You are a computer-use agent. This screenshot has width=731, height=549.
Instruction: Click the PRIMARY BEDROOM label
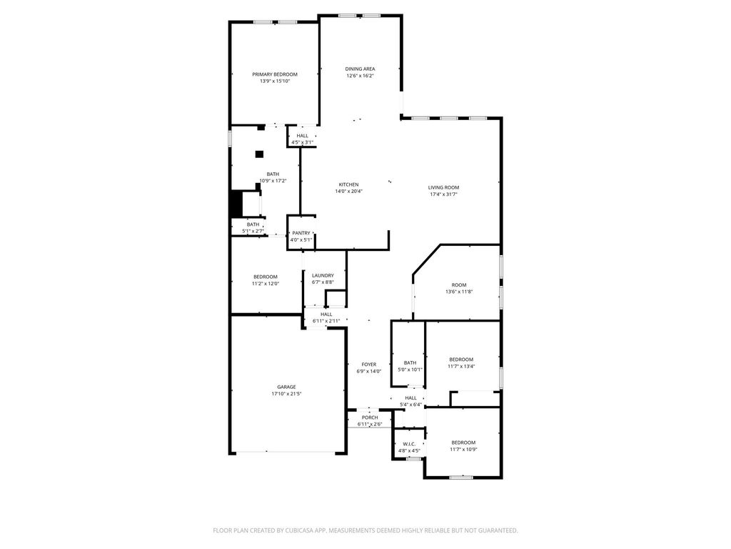(274, 74)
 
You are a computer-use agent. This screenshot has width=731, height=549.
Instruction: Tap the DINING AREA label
(360, 69)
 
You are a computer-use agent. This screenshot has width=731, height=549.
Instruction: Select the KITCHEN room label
(348, 184)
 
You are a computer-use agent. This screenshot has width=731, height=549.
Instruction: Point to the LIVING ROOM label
(443, 187)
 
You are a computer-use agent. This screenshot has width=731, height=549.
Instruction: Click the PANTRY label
(301, 233)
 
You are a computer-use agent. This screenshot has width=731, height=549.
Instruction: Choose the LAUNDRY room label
(323, 275)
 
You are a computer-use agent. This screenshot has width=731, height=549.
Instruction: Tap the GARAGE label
(286, 387)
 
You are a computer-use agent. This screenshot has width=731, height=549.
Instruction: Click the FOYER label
(368, 365)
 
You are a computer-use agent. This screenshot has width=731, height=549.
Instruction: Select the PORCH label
(370, 417)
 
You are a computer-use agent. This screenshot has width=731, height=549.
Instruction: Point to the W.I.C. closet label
(409, 444)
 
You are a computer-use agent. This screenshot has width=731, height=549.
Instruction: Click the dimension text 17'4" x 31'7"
(443, 194)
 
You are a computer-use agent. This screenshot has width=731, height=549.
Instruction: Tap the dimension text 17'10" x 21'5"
(286, 394)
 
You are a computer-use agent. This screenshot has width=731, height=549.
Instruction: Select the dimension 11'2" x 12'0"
(265, 284)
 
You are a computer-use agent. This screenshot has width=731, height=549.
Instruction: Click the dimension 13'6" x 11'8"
(458, 292)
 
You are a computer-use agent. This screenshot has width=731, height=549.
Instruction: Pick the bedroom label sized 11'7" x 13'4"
(461, 360)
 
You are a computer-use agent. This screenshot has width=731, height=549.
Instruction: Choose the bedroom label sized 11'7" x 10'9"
(463, 442)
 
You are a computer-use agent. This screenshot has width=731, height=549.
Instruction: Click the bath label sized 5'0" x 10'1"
(410, 362)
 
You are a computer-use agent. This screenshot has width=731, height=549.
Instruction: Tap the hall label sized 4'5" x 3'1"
(303, 136)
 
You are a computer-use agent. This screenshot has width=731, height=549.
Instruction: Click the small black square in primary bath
(259, 154)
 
